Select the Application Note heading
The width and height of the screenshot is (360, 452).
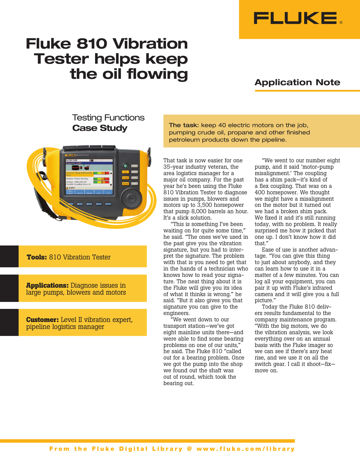(297, 82)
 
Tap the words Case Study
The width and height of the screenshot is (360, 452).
(100, 128)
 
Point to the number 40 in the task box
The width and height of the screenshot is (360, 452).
(222, 125)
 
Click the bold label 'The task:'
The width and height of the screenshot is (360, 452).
(184, 125)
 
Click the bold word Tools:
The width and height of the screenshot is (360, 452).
(37, 257)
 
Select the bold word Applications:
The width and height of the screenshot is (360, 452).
(47, 285)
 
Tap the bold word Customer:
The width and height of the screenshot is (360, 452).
(42, 320)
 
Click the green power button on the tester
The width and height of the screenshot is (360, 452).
(125, 166)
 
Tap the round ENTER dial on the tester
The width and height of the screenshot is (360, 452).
(131, 199)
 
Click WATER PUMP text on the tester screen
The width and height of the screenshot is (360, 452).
(72, 160)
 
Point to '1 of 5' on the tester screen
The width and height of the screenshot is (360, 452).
(72, 188)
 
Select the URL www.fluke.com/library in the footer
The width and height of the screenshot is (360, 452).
(246, 449)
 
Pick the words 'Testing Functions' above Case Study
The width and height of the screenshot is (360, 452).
(108, 118)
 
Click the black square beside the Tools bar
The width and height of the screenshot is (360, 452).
(9, 257)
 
